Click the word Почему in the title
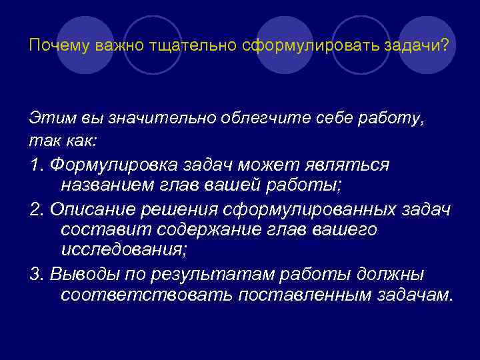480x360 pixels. pyautogui.click(x=52, y=47)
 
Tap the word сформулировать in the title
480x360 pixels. pyautogui.click(x=259, y=47)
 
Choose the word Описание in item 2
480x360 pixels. pyautogui.click(x=90, y=210)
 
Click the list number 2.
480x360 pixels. pyautogui.click(x=36, y=210)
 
